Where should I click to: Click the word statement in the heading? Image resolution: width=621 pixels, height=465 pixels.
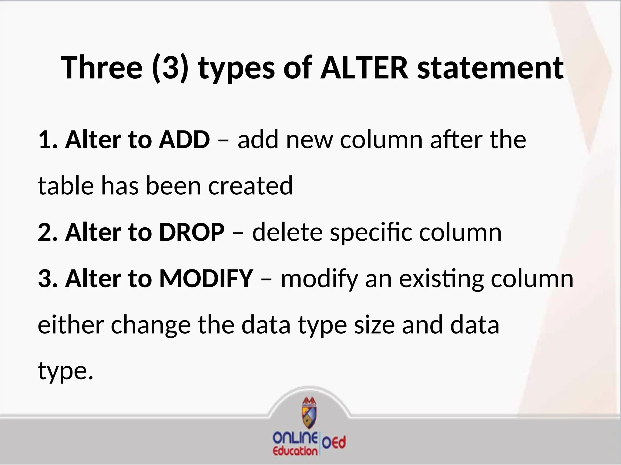pos(490,68)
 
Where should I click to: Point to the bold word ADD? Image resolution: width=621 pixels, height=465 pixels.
pos(184,140)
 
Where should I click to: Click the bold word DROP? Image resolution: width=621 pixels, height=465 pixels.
pos(192,232)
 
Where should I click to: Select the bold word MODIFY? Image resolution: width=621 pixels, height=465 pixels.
pos(206,278)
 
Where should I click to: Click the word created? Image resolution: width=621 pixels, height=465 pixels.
pos(250,186)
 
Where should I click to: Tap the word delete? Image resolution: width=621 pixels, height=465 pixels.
pos(287,232)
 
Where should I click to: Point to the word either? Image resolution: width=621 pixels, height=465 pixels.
pos(71,325)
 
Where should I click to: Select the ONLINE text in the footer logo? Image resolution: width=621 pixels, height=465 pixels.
pos(295,437)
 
